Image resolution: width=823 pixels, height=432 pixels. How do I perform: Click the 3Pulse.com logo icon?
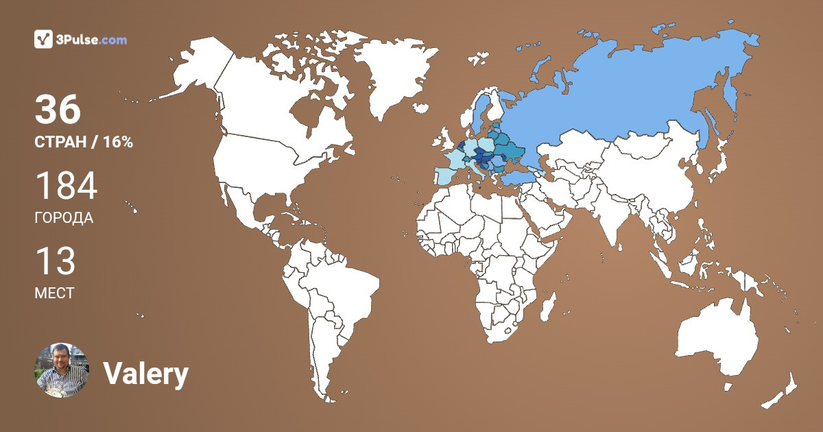43,39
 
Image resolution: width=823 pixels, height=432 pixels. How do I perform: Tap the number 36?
58,110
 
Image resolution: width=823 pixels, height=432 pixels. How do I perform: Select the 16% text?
117,142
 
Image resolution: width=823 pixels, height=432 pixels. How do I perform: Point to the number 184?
66,187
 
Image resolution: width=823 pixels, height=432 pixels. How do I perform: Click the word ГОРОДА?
64,218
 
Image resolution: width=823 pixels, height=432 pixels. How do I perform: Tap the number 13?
55,262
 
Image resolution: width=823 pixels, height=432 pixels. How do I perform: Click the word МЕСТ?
54,293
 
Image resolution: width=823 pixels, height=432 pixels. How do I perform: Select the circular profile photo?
62,370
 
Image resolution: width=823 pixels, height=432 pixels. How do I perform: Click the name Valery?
145,374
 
